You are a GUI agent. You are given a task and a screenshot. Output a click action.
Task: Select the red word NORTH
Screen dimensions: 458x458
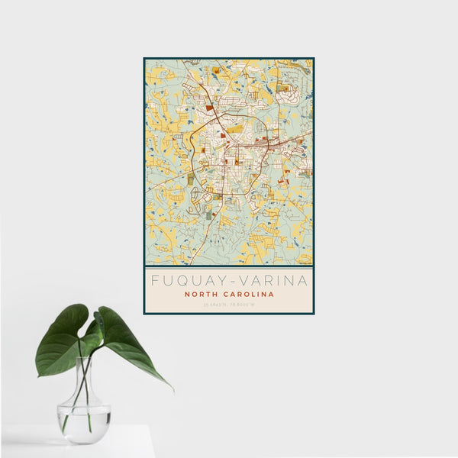tap(202, 294)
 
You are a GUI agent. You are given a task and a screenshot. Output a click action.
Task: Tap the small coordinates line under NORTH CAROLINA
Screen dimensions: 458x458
tap(228, 305)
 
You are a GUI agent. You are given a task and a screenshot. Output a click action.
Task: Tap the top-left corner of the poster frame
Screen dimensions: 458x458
tap(144, 58)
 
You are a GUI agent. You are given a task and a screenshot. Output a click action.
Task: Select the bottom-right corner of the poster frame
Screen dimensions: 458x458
tap(313, 313)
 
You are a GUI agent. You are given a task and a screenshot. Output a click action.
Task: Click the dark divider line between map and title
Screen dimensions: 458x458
tap(228, 266)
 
